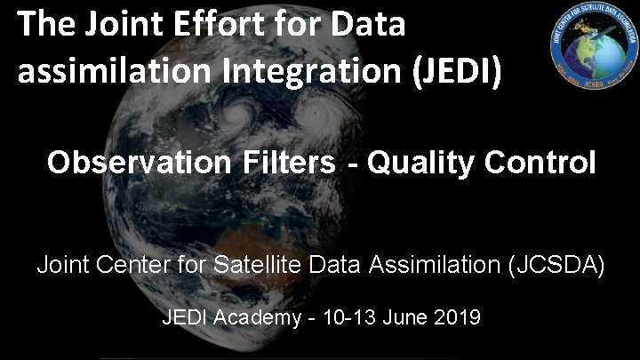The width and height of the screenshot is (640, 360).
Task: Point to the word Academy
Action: click(254, 317)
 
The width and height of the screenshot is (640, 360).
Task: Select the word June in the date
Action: click(408, 317)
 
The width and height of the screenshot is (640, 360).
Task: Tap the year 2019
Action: click(458, 317)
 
